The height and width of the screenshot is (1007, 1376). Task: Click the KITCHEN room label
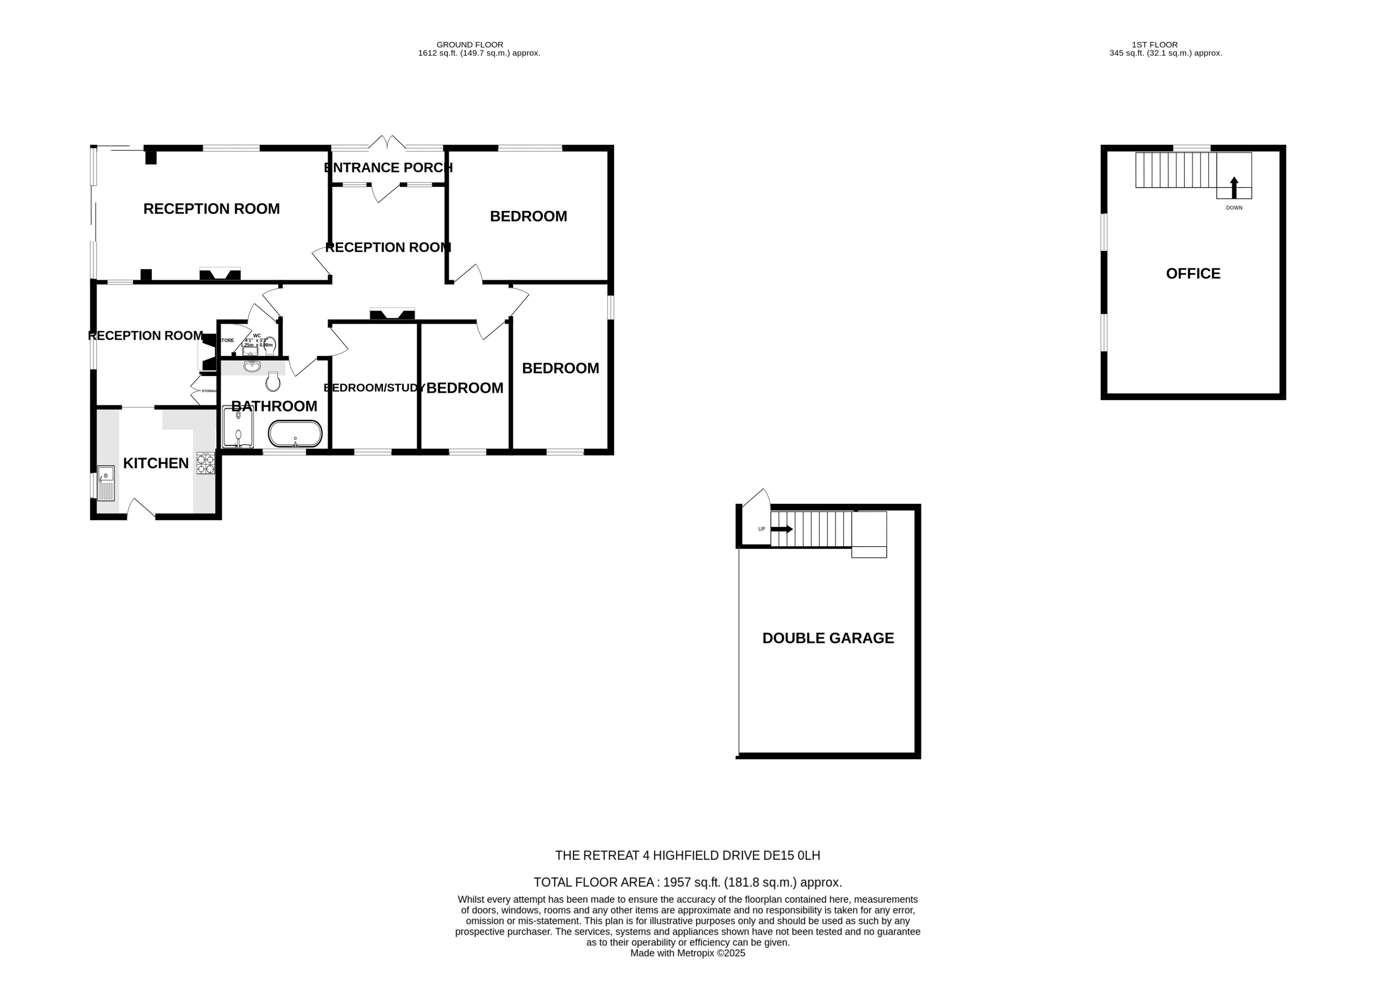(x=156, y=463)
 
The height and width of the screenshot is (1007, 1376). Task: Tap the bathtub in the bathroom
(x=295, y=434)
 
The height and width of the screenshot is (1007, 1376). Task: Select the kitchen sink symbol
(x=106, y=483)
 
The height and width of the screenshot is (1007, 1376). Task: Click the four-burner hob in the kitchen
(x=205, y=463)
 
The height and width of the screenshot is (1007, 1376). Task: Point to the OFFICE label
(x=1193, y=274)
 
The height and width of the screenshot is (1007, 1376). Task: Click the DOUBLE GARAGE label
(x=828, y=638)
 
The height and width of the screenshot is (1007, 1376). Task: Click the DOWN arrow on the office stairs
(x=1234, y=188)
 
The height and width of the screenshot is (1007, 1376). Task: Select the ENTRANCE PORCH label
(x=388, y=167)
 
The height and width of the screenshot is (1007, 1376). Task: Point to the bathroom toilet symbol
(x=273, y=382)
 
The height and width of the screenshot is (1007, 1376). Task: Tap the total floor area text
(x=687, y=882)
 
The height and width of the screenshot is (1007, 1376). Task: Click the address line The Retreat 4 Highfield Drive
(x=687, y=855)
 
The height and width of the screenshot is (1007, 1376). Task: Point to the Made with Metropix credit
(x=687, y=953)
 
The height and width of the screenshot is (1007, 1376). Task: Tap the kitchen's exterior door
(x=142, y=508)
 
